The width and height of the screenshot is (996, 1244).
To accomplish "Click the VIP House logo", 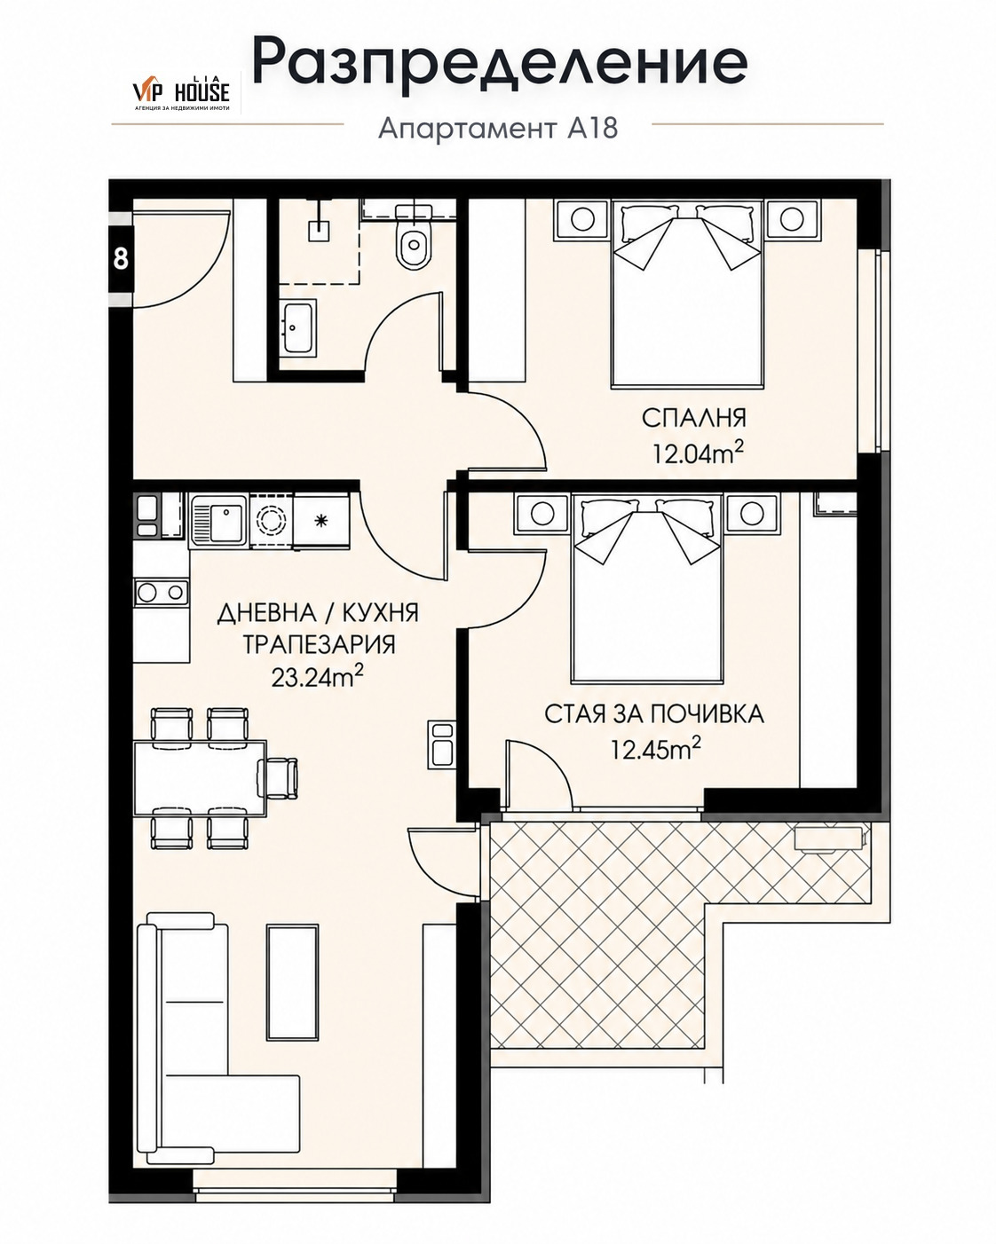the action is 181,92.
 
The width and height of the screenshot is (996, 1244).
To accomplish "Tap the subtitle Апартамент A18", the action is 498,129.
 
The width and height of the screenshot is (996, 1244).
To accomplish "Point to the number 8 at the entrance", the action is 121,258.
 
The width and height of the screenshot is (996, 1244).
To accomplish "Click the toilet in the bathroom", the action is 414,235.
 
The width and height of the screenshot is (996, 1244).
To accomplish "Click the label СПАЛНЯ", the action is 693,418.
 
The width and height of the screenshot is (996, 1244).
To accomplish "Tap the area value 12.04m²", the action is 698,453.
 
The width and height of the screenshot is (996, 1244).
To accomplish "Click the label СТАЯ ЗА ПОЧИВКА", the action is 654,714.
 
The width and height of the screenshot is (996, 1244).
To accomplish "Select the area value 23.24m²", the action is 318,677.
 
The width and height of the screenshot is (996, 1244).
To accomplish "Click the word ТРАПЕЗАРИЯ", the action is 319,644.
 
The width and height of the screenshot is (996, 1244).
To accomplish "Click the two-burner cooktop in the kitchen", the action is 162,593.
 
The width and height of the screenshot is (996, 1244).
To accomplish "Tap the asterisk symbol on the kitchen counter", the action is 320,520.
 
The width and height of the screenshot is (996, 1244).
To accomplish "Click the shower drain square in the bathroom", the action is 319,231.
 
